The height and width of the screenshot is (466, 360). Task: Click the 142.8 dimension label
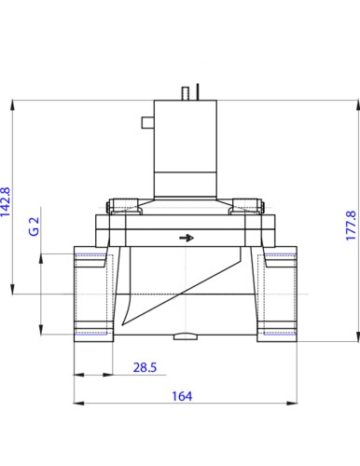tap(6, 201)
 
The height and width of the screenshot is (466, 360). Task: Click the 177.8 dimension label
tap(351, 226)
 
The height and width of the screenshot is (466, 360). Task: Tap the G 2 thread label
tap(34, 226)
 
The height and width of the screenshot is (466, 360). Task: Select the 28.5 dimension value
tap(145, 367)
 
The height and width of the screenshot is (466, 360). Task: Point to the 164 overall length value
tap(182, 396)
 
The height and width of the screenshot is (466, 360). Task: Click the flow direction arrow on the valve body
tap(187, 238)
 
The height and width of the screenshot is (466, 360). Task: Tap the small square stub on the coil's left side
tap(148, 122)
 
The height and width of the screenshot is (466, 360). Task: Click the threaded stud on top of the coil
tap(186, 93)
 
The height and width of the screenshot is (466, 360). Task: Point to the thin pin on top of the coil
tap(198, 91)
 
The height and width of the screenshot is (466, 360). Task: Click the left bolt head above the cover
tap(124, 206)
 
